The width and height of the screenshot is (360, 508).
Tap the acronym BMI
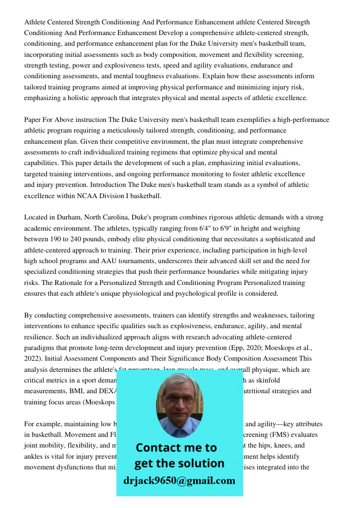tap(73, 391)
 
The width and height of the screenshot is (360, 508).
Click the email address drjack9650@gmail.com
tap(179, 481)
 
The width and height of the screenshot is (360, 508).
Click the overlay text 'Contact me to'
tap(176, 448)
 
